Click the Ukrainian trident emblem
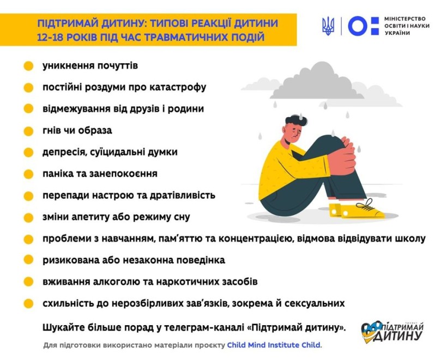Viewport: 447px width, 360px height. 328,26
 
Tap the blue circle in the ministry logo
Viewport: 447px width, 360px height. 358,26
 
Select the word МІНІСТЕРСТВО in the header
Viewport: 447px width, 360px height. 405,19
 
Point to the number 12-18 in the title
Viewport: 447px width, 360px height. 50,38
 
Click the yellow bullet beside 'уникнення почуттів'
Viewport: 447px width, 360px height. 28,66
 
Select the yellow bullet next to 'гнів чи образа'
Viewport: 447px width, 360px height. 28,131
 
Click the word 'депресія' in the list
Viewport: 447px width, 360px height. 64,152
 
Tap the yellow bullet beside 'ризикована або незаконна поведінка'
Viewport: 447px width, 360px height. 28,260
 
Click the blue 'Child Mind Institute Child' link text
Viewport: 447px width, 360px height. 274,345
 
